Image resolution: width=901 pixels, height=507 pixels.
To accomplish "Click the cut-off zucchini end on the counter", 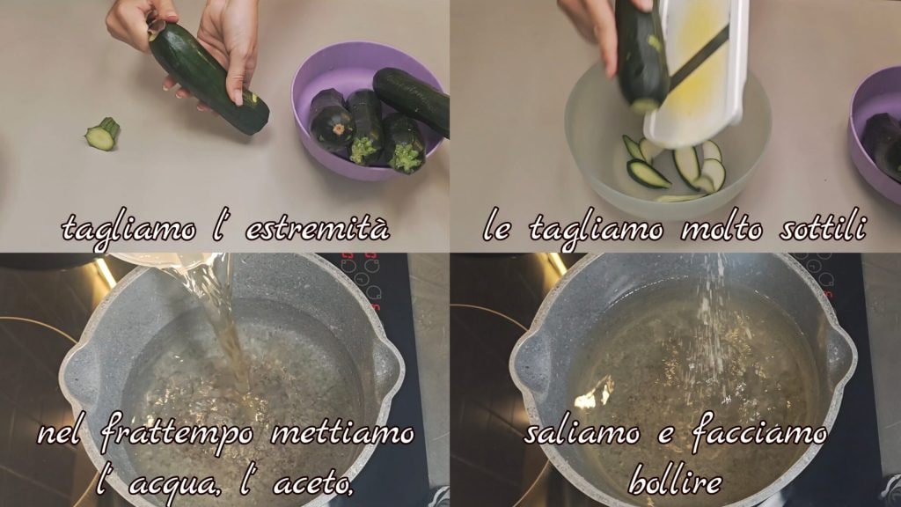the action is point(102,134).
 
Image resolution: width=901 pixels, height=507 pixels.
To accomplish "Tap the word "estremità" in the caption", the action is point(318,228).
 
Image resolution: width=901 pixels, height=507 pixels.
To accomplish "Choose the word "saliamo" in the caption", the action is point(582,432).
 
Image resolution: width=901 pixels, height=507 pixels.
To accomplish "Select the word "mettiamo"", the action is point(342,432).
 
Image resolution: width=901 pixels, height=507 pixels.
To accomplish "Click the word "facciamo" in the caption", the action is point(759,432).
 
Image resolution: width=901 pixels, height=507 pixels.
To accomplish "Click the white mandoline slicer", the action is point(698,72).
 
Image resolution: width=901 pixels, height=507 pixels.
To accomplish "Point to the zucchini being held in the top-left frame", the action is point(209,77).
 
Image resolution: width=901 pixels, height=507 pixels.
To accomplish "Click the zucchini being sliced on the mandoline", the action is point(641,55).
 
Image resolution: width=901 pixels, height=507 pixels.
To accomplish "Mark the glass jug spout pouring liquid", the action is point(172,261).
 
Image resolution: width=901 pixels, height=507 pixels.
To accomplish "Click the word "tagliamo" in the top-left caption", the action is point(128,229).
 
